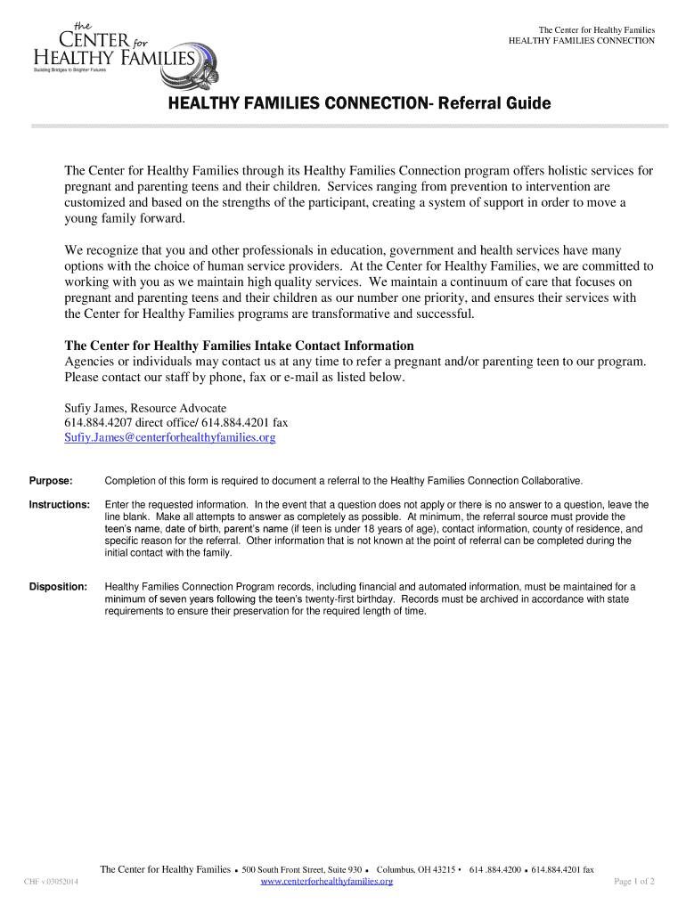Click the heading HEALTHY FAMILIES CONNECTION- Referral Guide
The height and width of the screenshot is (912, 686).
(360, 104)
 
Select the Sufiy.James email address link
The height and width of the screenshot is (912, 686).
(170, 437)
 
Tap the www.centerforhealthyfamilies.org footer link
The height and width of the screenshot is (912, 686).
(326, 881)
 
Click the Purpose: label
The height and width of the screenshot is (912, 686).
(51, 480)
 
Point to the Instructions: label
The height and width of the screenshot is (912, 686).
(60, 504)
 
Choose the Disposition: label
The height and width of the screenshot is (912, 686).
(59, 587)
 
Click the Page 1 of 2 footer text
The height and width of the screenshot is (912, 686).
(635, 882)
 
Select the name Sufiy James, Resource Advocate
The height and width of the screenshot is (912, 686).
(145, 408)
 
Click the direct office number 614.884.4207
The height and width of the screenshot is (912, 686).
(97, 422)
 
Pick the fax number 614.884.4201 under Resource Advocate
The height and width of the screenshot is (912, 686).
(235, 422)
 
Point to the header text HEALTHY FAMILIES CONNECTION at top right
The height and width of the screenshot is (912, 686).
(581, 41)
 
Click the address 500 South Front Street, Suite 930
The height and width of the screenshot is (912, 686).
(301, 869)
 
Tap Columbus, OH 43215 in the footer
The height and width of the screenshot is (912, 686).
(416, 869)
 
